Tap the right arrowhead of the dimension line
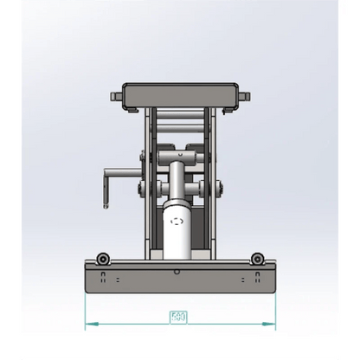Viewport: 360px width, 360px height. pos(270,325)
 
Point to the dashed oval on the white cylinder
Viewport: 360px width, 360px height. pos(179,222)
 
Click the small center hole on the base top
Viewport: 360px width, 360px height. pos(177,271)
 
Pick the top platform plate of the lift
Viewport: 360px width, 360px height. pos(179,93)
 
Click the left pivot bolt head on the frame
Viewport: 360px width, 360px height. pos(138,189)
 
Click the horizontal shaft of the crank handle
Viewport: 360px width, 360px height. pos(122,172)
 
